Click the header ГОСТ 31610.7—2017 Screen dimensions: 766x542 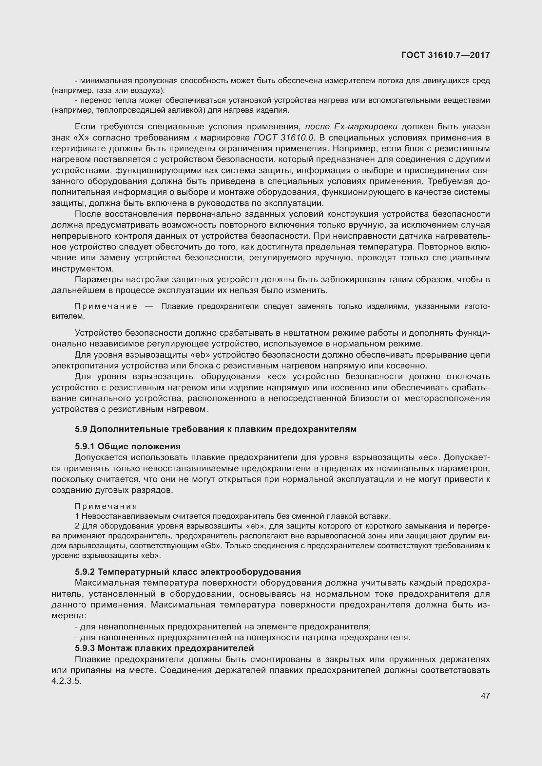(x=446, y=55)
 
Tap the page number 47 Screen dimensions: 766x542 (x=485, y=696)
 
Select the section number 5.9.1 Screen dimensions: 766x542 (x=85, y=446)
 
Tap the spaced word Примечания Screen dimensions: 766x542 (x=106, y=506)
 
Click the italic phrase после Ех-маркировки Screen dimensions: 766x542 (x=351, y=126)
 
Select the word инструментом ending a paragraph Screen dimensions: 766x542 (x=82, y=269)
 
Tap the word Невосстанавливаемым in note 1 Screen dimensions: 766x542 (x=126, y=516)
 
